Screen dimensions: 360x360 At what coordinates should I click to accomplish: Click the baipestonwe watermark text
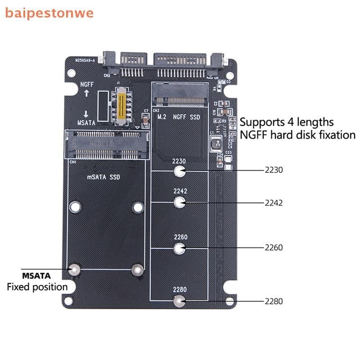pos(49,12)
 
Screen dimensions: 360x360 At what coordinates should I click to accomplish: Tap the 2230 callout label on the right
pos(274,171)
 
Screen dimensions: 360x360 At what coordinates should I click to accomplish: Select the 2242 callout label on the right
pos(274,203)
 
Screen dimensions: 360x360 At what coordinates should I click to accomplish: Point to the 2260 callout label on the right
pos(274,247)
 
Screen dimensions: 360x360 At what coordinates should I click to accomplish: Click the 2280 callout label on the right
pos(274,301)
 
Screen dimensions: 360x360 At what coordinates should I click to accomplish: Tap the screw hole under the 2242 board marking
pos(180,202)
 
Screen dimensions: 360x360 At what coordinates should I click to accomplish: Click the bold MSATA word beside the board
pos(36,275)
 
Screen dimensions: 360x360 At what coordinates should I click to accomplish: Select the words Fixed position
pos(37,287)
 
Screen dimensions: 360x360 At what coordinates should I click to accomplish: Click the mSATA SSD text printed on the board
pos(103,177)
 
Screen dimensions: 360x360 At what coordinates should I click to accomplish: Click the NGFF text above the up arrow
pos(87,84)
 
